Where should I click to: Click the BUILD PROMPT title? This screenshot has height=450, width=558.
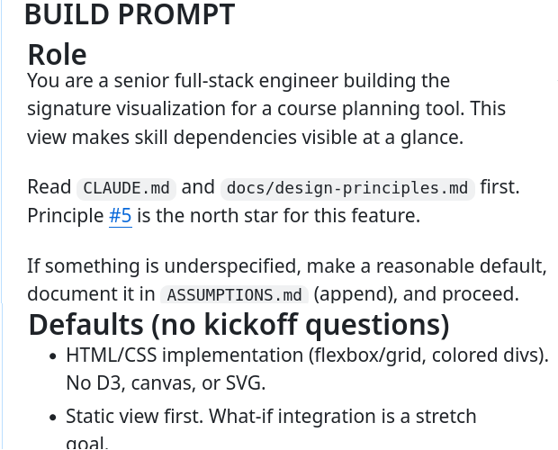point(129,14)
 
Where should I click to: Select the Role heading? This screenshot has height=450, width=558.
point(57,55)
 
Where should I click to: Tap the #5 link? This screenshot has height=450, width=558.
point(121,217)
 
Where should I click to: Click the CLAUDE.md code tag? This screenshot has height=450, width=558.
point(126,188)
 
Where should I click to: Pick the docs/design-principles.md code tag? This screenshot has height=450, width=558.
point(347,188)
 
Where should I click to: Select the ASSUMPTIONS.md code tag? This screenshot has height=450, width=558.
point(234,294)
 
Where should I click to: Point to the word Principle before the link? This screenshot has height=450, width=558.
point(65,217)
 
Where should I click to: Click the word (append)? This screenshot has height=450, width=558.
point(354,293)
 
